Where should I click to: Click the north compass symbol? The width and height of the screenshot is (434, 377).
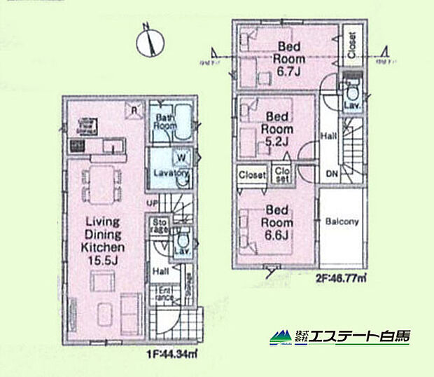(x=148, y=39)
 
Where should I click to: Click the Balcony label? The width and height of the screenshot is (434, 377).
(x=342, y=221)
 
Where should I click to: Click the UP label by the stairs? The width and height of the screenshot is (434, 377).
(x=150, y=204)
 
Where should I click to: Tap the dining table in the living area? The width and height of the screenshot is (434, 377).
(x=102, y=181)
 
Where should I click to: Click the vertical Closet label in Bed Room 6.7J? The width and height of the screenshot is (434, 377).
(x=351, y=46)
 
